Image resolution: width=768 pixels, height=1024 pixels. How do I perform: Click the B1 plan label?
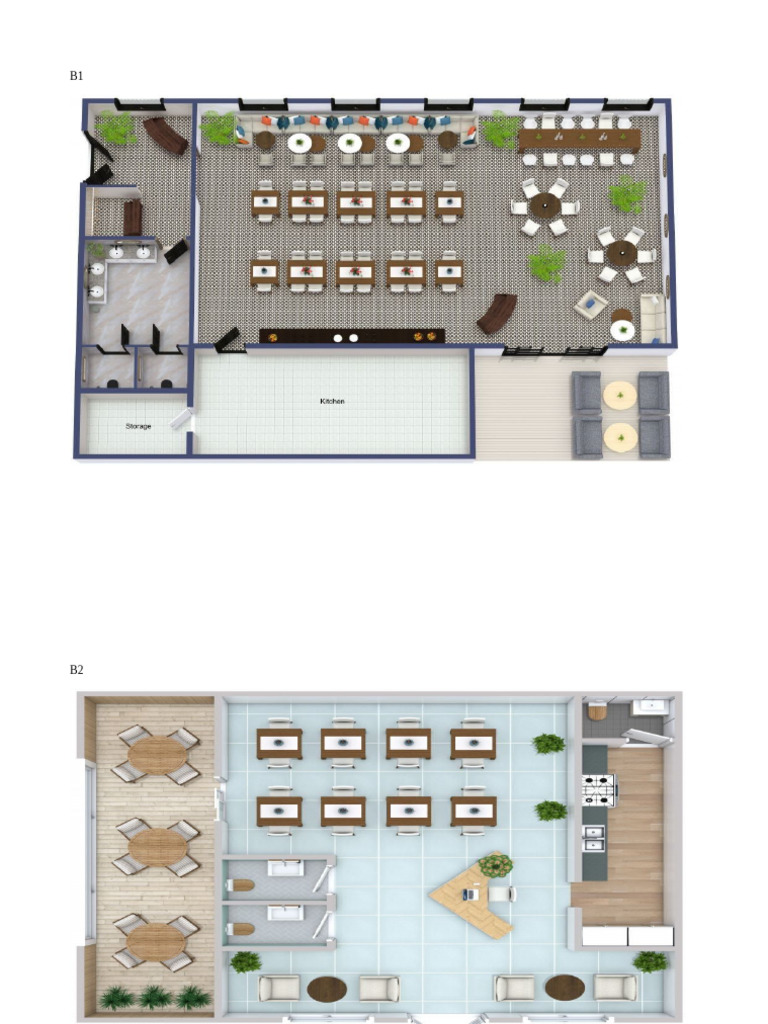tap(76, 76)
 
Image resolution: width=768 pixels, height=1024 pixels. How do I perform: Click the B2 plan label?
tap(76, 669)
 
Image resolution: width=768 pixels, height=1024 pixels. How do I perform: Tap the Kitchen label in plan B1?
tap(332, 401)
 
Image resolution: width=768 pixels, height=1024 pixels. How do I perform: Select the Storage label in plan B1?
tap(138, 426)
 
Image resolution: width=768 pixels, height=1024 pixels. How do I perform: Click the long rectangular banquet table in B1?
tap(579, 139)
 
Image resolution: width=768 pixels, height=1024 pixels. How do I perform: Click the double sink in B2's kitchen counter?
tap(594, 839)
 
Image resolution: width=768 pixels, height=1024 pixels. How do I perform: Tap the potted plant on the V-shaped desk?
tap(496, 866)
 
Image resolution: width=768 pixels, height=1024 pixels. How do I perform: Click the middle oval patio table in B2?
tap(157, 847)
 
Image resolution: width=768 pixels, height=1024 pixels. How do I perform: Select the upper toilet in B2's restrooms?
tap(242, 885)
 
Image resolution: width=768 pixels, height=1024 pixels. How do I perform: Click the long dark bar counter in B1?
tap(352, 336)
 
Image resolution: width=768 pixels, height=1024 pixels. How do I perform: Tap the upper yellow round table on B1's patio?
tap(620, 396)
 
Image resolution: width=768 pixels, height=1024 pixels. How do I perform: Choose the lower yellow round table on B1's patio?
tap(620, 437)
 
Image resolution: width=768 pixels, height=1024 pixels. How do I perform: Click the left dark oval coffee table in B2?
tap(327, 989)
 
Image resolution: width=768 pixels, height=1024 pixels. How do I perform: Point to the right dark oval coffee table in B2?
tap(565, 988)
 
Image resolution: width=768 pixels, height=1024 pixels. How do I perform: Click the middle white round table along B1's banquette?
tap(350, 142)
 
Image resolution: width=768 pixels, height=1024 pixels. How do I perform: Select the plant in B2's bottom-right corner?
tap(650, 961)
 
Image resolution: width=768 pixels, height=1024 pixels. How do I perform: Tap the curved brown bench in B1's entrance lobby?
tap(166, 135)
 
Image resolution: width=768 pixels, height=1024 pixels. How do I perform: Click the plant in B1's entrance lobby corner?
tap(116, 127)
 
